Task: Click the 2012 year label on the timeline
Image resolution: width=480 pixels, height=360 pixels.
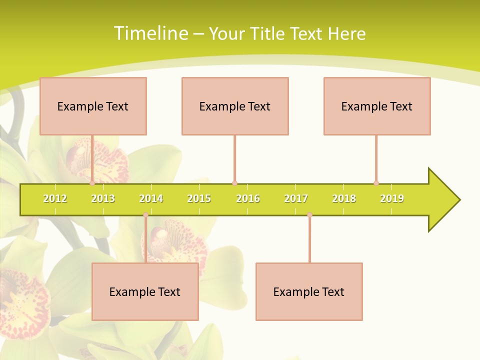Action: (x=55, y=198)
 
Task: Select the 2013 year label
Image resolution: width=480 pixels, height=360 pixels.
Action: (x=103, y=198)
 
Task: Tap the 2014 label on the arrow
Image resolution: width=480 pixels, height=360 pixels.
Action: (x=151, y=198)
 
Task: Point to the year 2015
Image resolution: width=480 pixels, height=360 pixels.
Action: (x=199, y=198)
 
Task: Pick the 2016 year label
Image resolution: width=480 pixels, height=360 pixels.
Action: (x=248, y=198)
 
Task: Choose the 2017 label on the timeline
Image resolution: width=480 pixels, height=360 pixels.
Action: (x=296, y=198)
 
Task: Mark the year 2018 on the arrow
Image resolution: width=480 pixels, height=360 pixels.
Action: (x=344, y=198)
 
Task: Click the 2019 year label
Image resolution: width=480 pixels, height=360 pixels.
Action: (x=392, y=198)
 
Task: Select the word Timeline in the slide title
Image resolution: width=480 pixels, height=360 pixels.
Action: (x=150, y=33)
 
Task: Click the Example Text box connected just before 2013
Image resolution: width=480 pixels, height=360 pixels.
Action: (x=93, y=106)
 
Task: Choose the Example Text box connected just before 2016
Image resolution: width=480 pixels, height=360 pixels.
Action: (x=235, y=106)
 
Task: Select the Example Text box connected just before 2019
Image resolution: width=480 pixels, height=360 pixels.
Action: (x=377, y=106)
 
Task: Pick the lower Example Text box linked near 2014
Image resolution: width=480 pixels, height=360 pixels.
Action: (x=145, y=291)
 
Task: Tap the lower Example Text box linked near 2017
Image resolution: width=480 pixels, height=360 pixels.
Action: (x=309, y=291)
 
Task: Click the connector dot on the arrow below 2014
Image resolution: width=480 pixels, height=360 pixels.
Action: (x=145, y=215)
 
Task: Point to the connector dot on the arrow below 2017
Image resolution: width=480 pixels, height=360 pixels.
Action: (x=309, y=215)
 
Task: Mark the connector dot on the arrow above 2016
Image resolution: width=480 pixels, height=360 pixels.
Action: (x=234, y=183)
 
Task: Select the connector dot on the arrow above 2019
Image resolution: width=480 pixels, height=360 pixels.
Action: (x=376, y=183)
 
